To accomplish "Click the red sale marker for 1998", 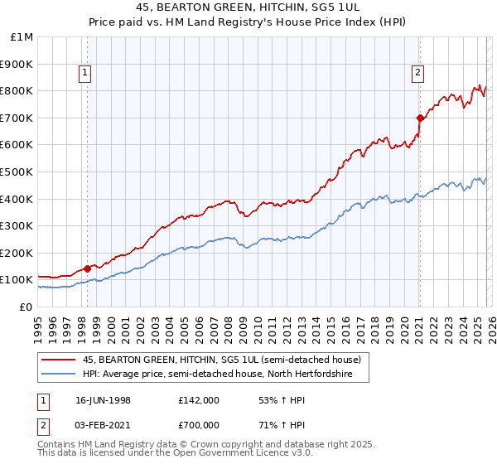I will coord(88,268).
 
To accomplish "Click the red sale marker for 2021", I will coord(420,118).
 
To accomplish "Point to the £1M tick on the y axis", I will coord(22,37).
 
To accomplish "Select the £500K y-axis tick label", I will coord(18,172).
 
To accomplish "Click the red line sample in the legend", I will coord(60,360).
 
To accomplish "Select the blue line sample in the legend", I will coord(60,375).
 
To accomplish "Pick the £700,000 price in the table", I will coord(199,424).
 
